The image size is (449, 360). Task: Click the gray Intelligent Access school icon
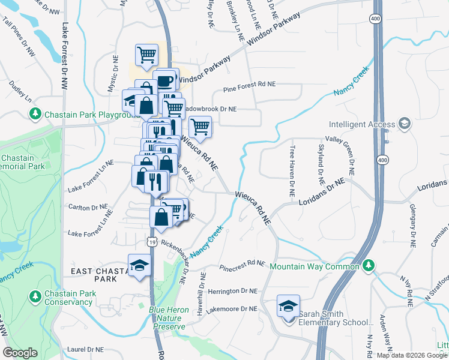[x=405, y=124]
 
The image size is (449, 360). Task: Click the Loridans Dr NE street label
[x=322, y=192]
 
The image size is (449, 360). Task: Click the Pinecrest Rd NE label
[x=242, y=265]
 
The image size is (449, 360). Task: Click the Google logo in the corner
[x=20, y=353]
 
